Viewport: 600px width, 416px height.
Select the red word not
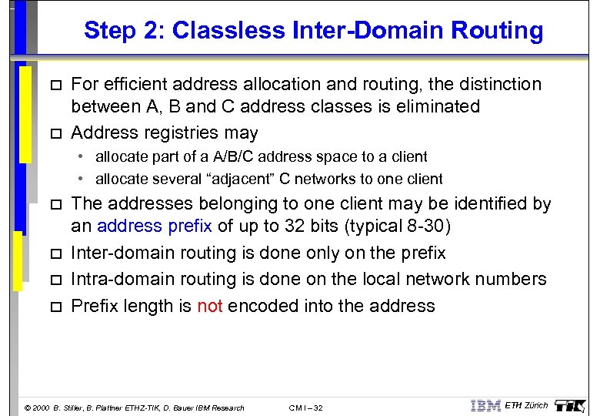[x=209, y=306]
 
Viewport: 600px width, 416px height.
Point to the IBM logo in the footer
[x=485, y=406]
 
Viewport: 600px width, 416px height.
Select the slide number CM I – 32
[x=305, y=408]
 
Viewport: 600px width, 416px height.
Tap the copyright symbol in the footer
[x=28, y=408]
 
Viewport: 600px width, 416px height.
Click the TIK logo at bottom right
[x=570, y=405]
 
